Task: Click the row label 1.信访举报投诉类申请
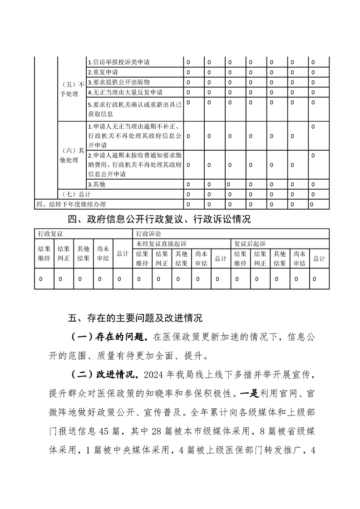119,62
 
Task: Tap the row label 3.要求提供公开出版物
118,82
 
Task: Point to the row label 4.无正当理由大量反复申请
125,92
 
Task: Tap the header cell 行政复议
50,233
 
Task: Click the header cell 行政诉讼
148,233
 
